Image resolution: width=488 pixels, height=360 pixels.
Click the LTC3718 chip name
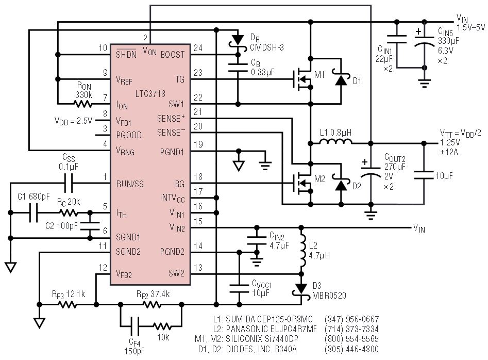click(150, 94)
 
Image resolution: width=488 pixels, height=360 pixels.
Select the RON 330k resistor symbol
click(83, 104)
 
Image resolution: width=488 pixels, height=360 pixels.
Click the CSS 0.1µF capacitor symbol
click(69, 183)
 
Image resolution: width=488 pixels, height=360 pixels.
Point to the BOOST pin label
click(173, 55)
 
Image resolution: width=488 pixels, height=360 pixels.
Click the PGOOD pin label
click(129, 135)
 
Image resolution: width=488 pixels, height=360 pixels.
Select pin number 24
click(198, 48)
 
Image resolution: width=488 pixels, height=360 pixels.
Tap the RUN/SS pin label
click(130, 184)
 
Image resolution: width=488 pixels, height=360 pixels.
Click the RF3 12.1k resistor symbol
click(68, 304)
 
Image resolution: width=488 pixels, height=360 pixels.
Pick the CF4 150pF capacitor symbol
click(135, 326)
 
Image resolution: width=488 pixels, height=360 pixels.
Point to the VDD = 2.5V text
click(74, 121)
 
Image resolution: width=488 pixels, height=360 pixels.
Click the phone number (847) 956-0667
click(351, 319)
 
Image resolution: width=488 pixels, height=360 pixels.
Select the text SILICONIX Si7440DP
click(262, 339)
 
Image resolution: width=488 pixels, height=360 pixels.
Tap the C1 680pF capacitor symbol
click(33, 212)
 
